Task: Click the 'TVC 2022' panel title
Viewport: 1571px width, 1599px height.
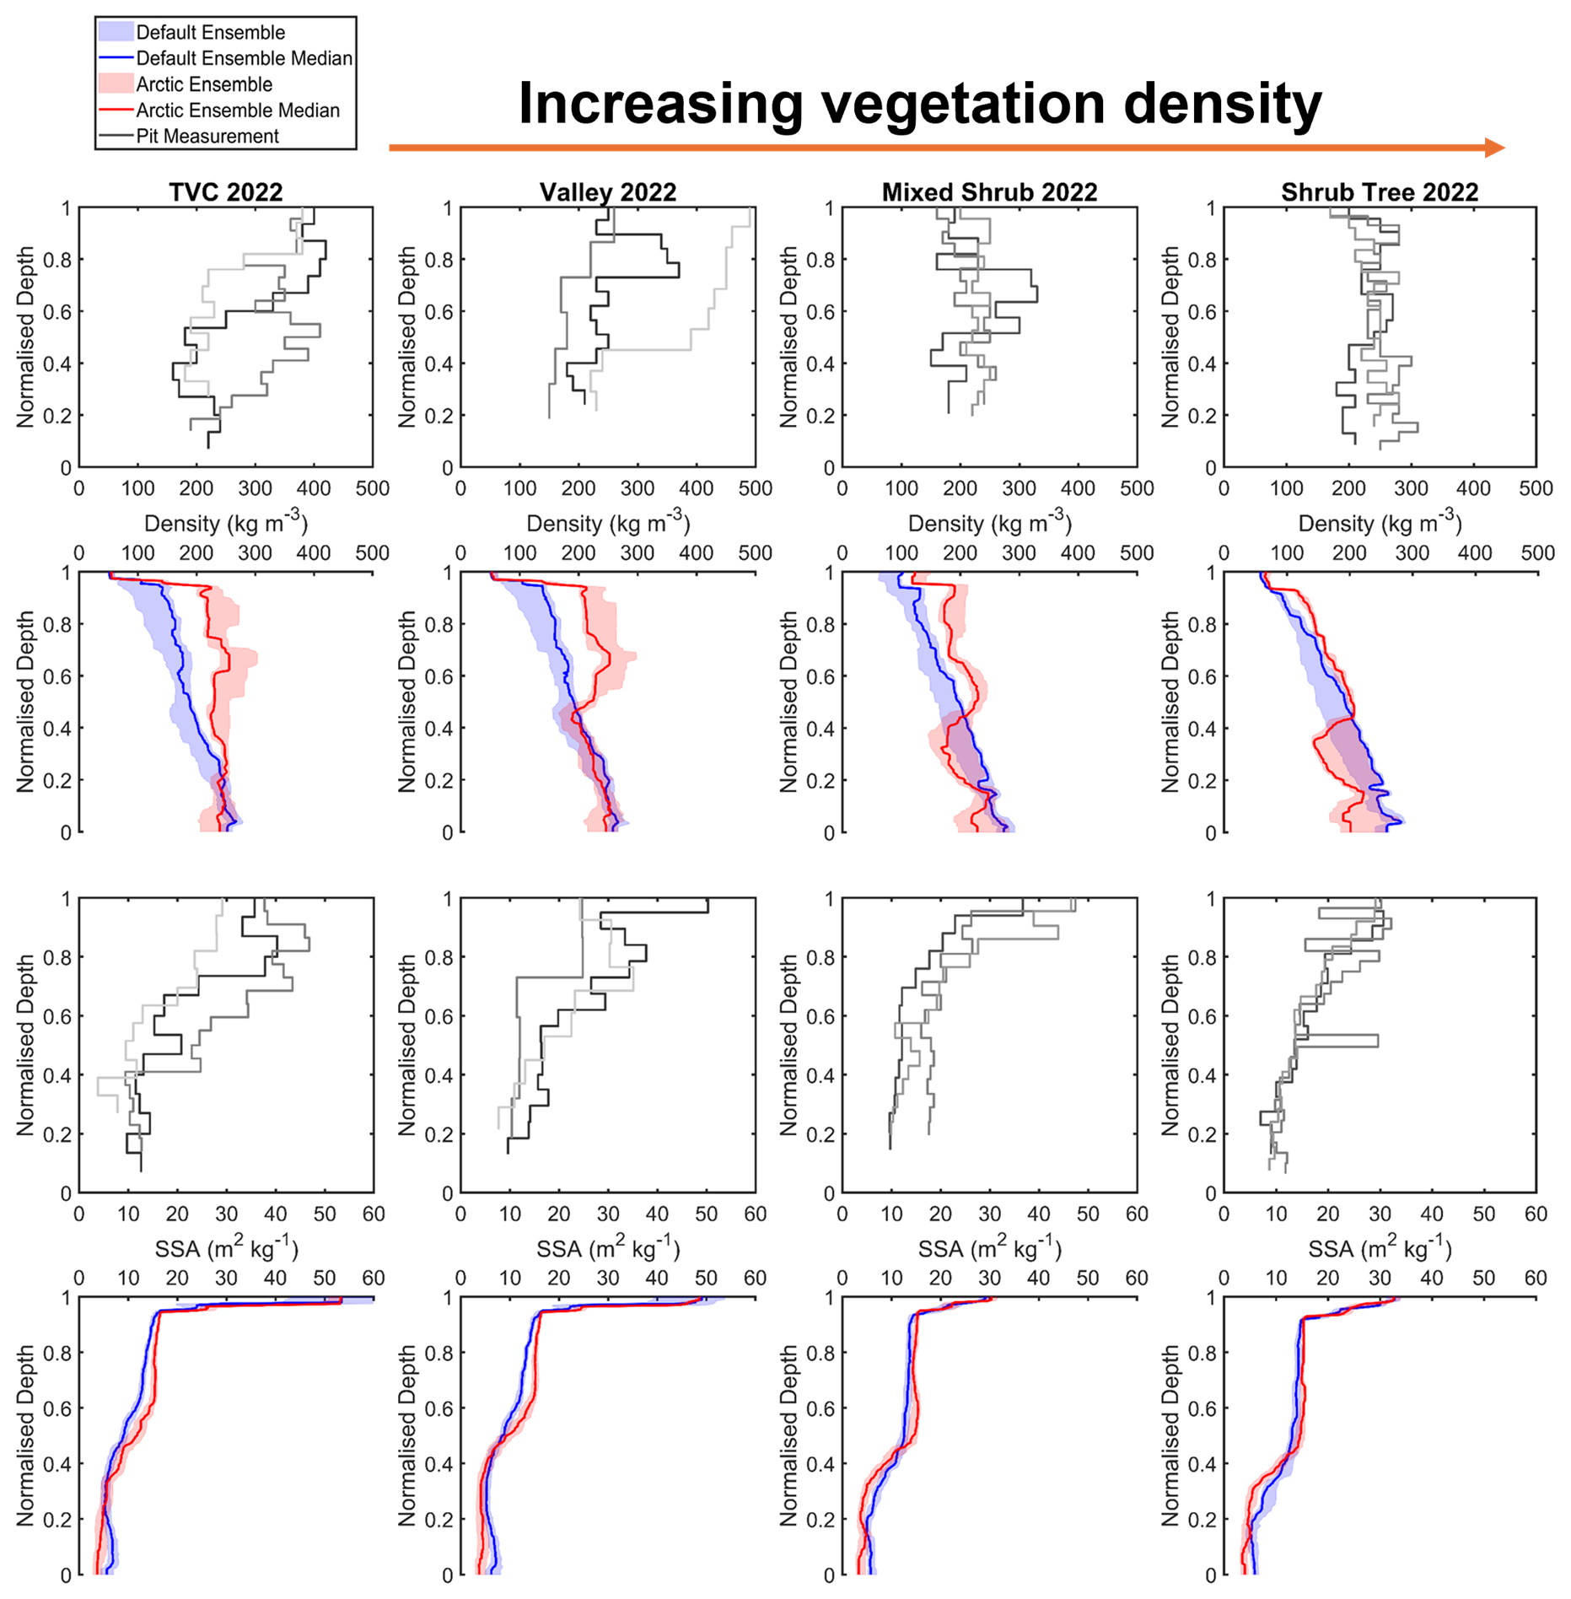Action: point(225,192)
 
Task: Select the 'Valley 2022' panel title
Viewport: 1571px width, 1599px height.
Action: point(607,192)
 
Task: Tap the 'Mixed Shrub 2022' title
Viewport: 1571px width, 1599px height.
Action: point(989,192)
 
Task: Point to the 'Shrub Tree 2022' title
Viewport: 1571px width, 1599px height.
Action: point(1380,192)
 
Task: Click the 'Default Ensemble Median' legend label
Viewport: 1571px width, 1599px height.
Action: point(244,58)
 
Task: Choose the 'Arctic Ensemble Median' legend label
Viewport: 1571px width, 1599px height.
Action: point(237,110)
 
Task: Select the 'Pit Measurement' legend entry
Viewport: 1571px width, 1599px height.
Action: point(207,137)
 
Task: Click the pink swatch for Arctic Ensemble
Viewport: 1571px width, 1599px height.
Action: point(116,83)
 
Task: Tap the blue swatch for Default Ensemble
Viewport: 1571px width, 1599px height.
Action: point(116,32)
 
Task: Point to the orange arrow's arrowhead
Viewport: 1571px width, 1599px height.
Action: point(1493,148)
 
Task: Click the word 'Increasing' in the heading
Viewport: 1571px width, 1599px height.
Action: point(659,105)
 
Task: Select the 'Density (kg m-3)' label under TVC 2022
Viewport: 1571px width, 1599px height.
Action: point(225,523)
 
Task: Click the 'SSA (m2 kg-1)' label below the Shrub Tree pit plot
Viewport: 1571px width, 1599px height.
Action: point(1380,1248)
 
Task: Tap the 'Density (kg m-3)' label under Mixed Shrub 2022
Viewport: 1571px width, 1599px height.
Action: point(989,523)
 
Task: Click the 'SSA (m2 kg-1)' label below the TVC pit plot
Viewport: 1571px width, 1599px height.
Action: point(225,1248)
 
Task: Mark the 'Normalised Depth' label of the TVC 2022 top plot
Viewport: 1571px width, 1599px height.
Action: point(25,336)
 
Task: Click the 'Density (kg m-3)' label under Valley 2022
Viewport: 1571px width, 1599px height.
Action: point(607,523)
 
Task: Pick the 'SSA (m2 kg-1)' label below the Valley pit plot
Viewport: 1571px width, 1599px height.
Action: point(607,1248)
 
